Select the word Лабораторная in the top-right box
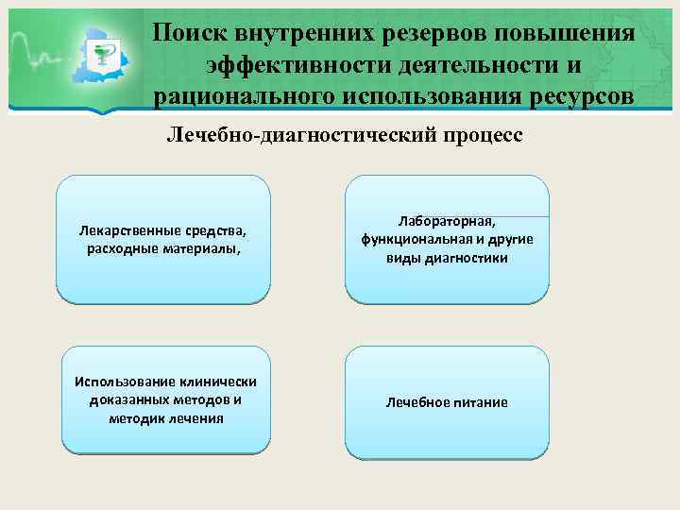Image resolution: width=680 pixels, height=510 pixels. coord(447,221)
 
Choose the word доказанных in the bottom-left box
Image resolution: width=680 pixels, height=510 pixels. coord(121,399)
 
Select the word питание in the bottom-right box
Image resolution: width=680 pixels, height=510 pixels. coord(482,402)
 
